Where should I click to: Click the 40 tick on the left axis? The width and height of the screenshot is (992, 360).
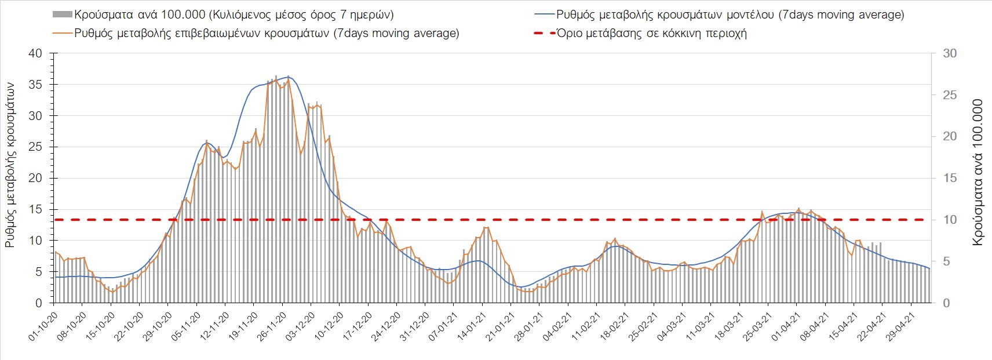[35, 53]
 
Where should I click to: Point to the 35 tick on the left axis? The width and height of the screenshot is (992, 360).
[35, 85]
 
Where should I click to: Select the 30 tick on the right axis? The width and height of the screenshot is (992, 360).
[950, 53]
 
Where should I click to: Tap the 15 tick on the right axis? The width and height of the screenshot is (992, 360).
[950, 178]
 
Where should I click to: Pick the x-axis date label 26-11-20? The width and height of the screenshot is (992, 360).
[272, 328]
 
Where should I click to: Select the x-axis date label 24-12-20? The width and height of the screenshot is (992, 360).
[386, 328]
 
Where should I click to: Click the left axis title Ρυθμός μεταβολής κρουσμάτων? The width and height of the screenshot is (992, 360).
[10, 164]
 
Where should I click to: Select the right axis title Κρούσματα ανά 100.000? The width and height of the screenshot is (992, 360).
[978, 173]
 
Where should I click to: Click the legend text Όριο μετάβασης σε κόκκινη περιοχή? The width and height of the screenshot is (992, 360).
[651, 33]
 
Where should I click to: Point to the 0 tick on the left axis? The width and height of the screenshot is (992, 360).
[39, 303]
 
